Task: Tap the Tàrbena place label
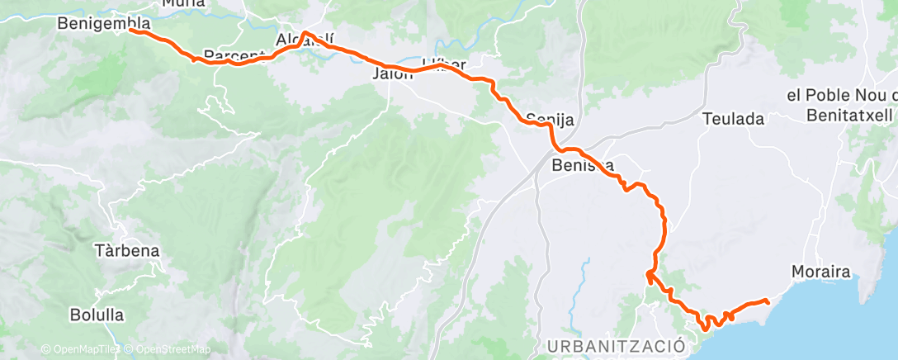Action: click(x=126, y=250)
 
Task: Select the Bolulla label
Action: click(x=97, y=315)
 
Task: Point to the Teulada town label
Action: click(x=733, y=119)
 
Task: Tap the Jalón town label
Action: click(x=393, y=73)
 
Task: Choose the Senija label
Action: click(x=550, y=118)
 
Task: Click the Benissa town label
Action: click(x=583, y=166)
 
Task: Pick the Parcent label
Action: click(x=232, y=55)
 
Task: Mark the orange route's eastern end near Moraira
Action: click(x=768, y=301)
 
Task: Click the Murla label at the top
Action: click(x=183, y=3)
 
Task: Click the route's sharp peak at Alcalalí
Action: click(x=305, y=33)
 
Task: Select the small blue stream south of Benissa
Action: click(x=585, y=277)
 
